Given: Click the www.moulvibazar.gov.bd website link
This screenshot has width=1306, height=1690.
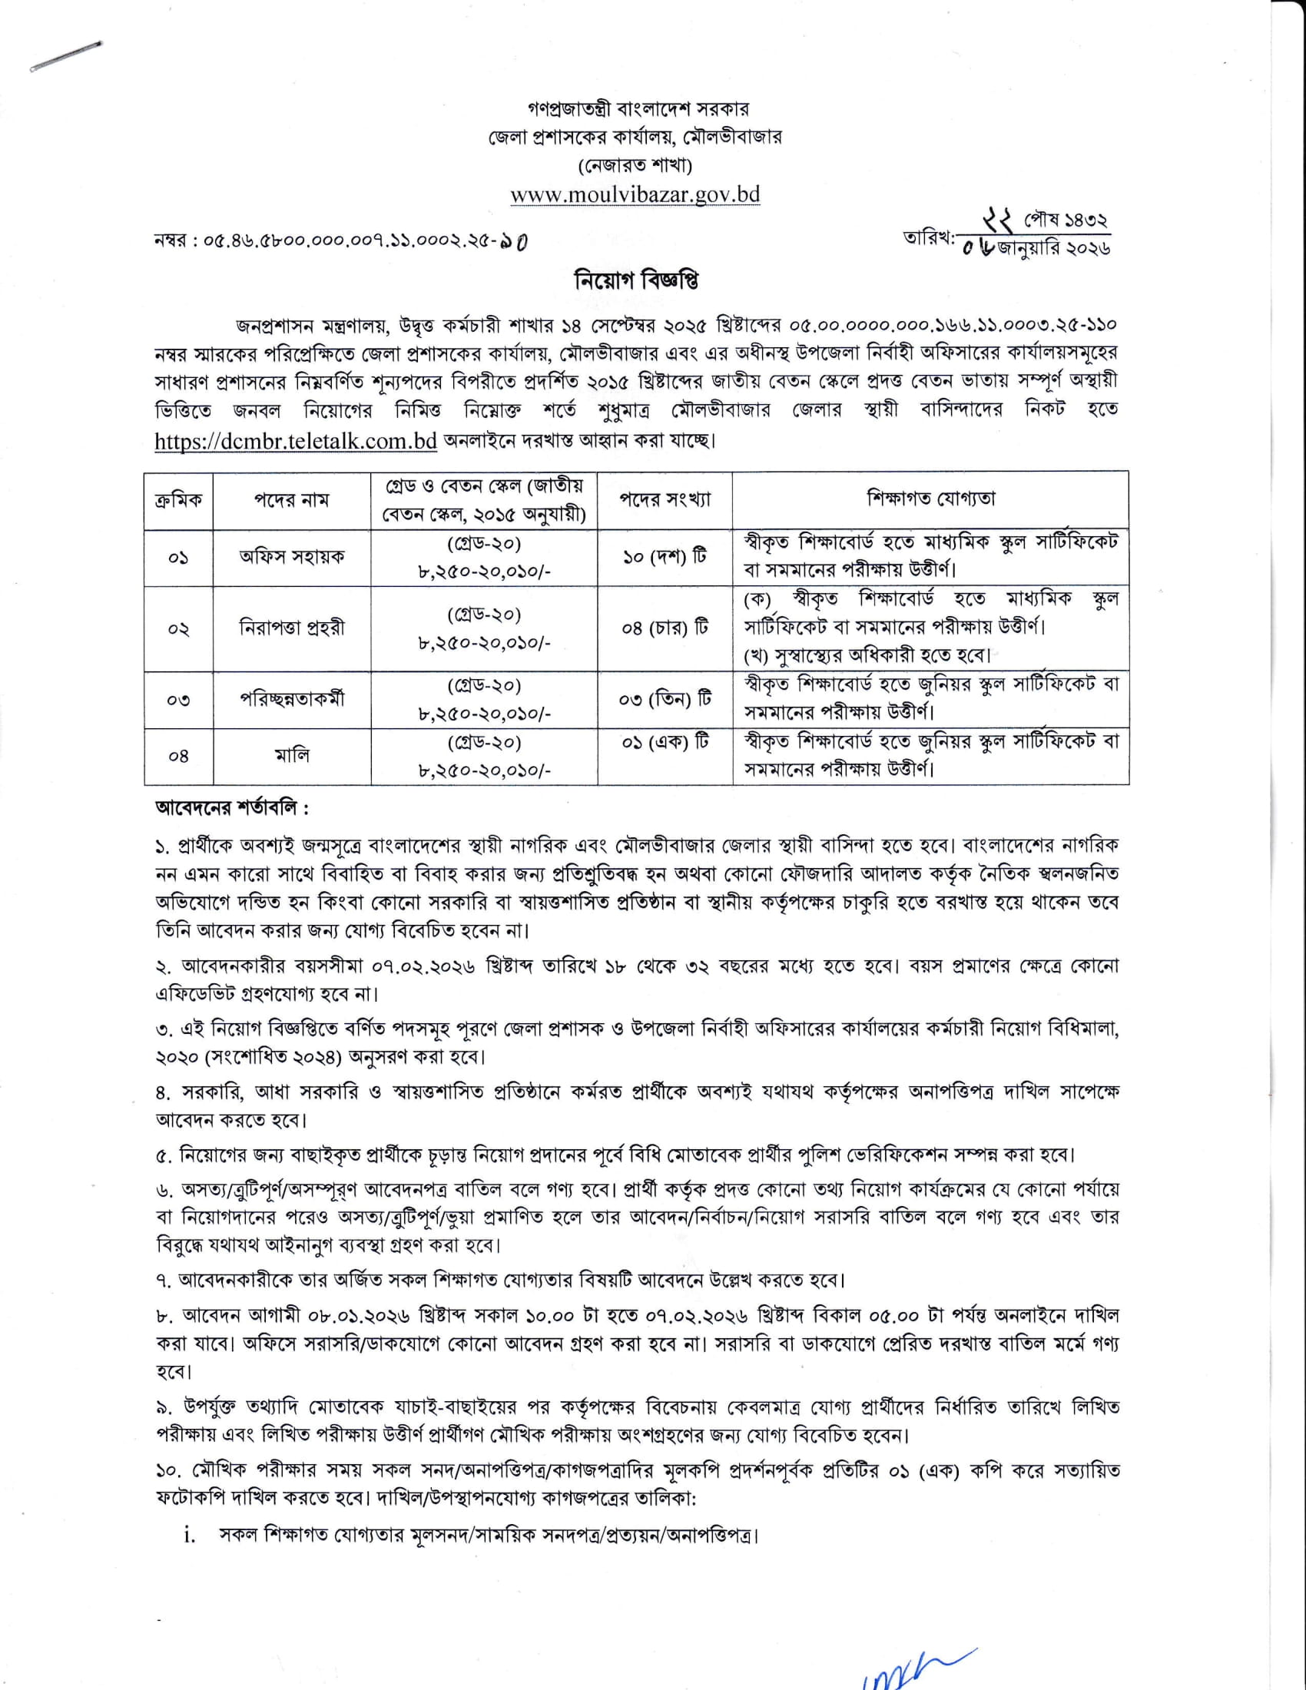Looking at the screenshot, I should click(x=635, y=194).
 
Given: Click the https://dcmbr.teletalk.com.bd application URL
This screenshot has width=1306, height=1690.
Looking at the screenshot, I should click(x=297, y=441).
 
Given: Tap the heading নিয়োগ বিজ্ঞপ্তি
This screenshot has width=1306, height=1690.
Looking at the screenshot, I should click(x=636, y=280).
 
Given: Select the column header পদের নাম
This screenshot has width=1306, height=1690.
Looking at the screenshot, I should click(x=291, y=501).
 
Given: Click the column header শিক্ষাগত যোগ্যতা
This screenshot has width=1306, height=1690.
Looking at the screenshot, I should click(x=930, y=499).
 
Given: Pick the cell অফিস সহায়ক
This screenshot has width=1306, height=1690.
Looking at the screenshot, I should click(x=291, y=556).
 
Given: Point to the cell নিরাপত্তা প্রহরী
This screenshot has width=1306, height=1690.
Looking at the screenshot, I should click(x=291, y=628).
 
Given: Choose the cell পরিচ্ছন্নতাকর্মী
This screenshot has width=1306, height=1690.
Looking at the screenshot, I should click(x=291, y=699).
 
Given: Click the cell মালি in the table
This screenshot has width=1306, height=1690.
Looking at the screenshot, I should click(x=292, y=755).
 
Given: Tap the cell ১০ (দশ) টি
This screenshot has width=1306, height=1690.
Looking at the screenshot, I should click(x=665, y=557).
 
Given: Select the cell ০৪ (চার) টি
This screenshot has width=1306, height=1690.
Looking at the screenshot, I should click(x=665, y=628).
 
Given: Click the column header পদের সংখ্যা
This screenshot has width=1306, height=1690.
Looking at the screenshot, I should click(x=665, y=500).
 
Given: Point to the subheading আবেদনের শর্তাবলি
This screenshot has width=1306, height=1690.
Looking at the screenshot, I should click(x=232, y=809).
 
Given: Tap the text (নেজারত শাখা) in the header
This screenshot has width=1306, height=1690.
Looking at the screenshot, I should click(x=635, y=165).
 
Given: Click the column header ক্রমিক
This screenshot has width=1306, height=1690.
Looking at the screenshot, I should click(x=178, y=501).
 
